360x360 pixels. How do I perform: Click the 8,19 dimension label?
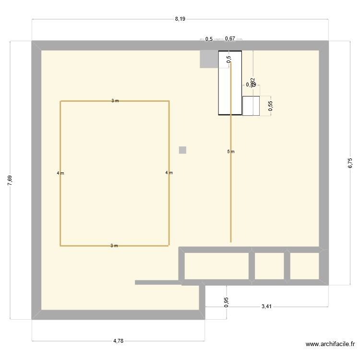[180, 19]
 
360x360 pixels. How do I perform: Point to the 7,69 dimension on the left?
[10, 181]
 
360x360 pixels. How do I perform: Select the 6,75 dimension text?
[350, 163]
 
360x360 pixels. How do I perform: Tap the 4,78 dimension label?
[118, 341]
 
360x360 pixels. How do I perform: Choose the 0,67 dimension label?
[230, 39]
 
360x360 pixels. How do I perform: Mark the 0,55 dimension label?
[270, 106]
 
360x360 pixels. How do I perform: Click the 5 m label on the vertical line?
[231, 152]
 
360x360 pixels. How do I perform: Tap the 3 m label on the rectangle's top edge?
[115, 101]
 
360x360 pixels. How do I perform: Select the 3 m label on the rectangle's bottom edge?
[114, 246]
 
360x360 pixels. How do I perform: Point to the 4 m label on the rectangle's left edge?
[60, 173]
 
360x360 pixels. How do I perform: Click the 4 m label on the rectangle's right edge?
[168, 173]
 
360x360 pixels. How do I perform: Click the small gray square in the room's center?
[182, 150]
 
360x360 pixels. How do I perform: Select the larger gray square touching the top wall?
[209, 59]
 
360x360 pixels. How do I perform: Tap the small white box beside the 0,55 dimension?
[251, 106]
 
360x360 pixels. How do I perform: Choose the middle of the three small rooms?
[269, 266]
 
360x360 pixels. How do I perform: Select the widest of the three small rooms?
[216, 266]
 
